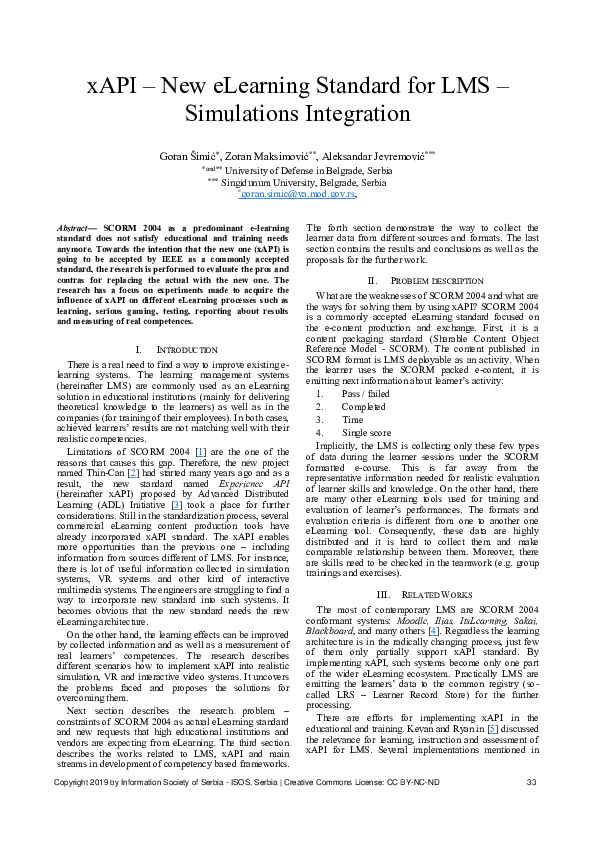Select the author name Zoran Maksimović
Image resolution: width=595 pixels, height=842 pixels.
coord(267,156)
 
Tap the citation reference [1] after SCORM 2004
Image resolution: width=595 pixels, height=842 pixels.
coord(201,426)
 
